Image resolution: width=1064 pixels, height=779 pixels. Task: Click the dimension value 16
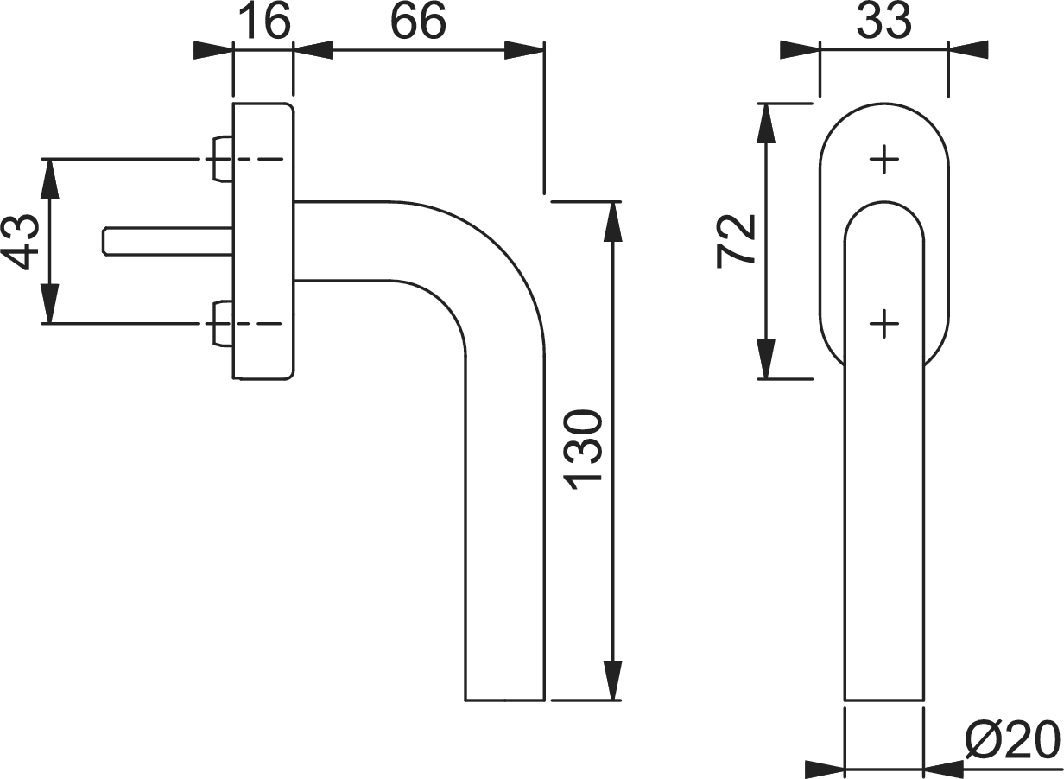[x=267, y=21]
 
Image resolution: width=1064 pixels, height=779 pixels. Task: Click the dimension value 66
[x=418, y=21]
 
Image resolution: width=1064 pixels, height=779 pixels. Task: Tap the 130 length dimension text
[x=582, y=449]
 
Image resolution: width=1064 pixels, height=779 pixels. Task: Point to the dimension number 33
[x=884, y=21]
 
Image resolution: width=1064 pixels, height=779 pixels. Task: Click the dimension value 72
[x=736, y=241]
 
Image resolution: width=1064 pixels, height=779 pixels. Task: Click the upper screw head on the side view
[x=223, y=159]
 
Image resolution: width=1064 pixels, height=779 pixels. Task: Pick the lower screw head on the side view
[x=223, y=324]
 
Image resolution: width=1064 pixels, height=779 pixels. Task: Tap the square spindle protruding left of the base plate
[x=168, y=242]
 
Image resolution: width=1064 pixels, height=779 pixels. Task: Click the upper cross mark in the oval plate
[x=884, y=159]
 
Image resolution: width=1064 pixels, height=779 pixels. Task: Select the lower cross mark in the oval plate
[x=884, y=324]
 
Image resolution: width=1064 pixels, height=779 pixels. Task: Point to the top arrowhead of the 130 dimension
[x=614, y=222]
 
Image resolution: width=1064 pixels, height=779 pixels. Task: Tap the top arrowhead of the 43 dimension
[x=50, y=178]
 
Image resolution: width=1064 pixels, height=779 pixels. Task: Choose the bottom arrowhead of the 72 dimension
[x=766, y=359]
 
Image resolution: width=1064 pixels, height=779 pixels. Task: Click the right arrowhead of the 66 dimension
[x=524, y=50]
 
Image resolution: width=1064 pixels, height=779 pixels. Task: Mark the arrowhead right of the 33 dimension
[x=968, y=50]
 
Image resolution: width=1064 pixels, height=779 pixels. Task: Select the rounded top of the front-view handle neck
[x=884, y=202]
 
